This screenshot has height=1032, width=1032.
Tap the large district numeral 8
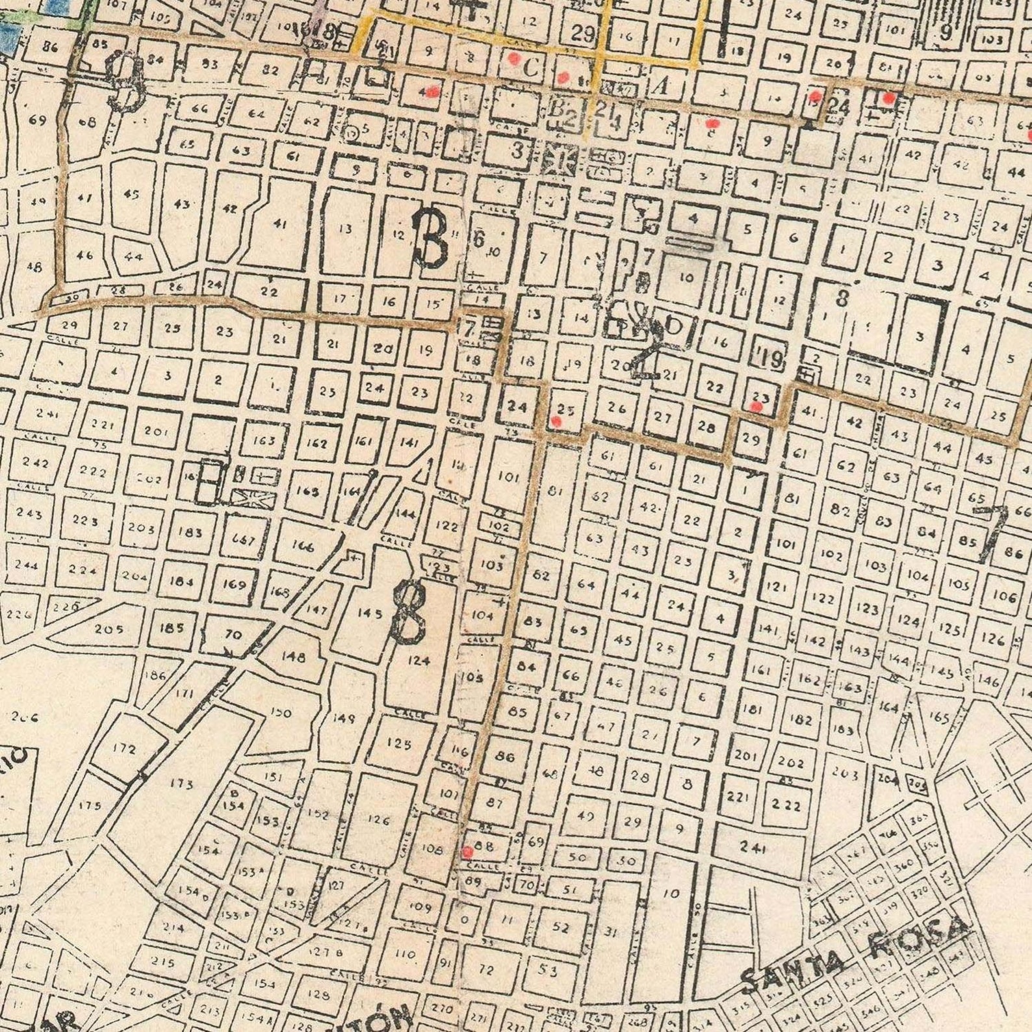[x=409, y=611]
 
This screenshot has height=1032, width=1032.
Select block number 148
[x=293, y=656]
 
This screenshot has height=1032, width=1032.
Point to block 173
[x=181, y=784]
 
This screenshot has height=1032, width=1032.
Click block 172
[x=124, y=748]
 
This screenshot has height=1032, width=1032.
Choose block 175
[x=89, y=805]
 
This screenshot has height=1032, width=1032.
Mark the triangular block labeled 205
[x=109, y=629]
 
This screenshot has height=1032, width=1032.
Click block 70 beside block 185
[x=233, y=635]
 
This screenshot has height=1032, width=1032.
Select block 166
[x=303, y=546]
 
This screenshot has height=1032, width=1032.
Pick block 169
[x=234, y=584]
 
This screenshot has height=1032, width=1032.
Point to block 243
[x=29, y=513]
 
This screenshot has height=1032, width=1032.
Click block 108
[x=432, y=849]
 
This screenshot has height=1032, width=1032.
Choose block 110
[x=405, y=954]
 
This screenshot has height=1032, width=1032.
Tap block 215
[x=162, y=961]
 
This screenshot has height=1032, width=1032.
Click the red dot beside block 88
[x=467, y=852]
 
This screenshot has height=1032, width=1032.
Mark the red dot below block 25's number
[x=556, y=421]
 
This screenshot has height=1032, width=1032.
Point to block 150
[x=281, y=713]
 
